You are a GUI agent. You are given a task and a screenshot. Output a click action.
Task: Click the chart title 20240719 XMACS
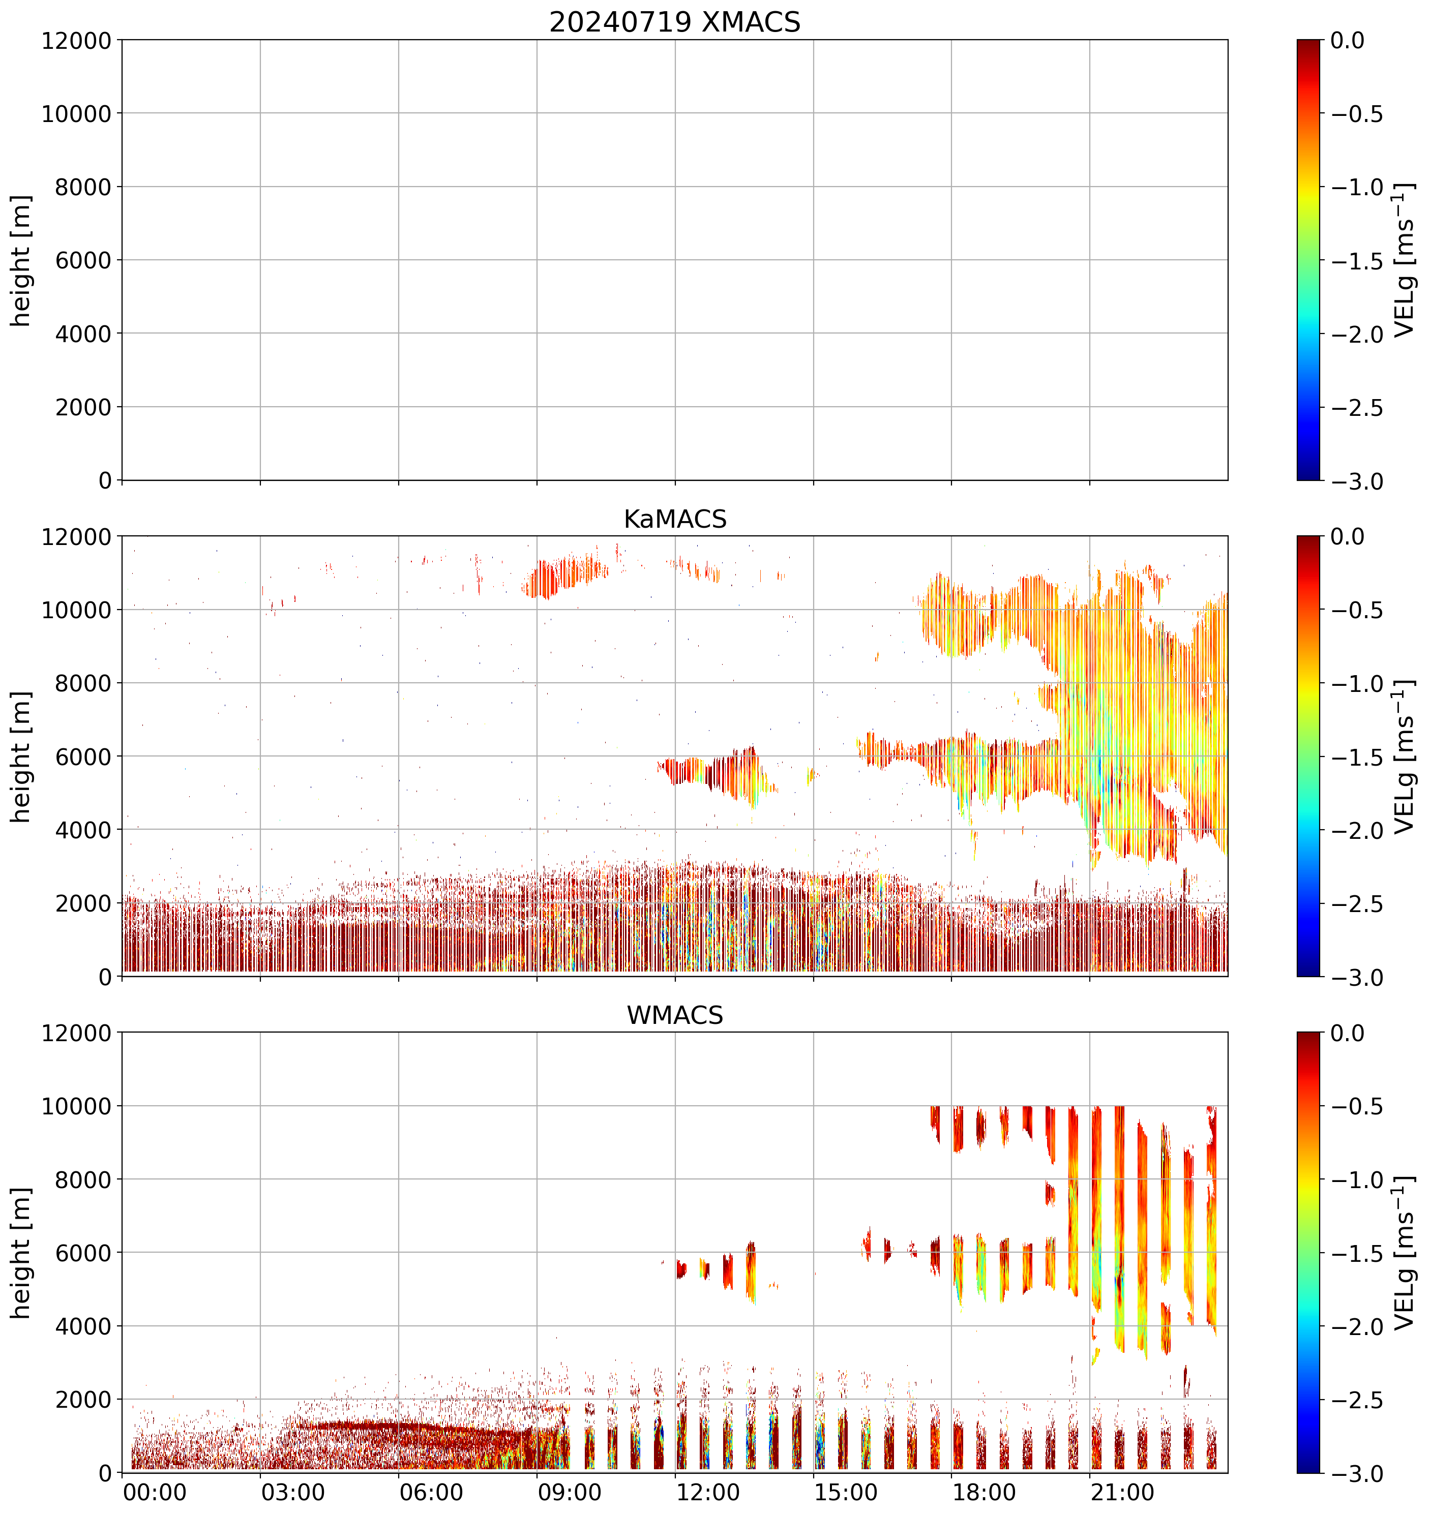click(675, 22)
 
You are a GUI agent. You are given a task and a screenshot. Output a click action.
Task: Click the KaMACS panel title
click(675, 519)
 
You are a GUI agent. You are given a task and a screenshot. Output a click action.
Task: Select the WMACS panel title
click(675, 1015)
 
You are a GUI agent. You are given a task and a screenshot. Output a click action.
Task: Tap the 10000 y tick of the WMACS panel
click(76, 1106)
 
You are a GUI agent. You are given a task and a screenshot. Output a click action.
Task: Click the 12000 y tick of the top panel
click(76, 40)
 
